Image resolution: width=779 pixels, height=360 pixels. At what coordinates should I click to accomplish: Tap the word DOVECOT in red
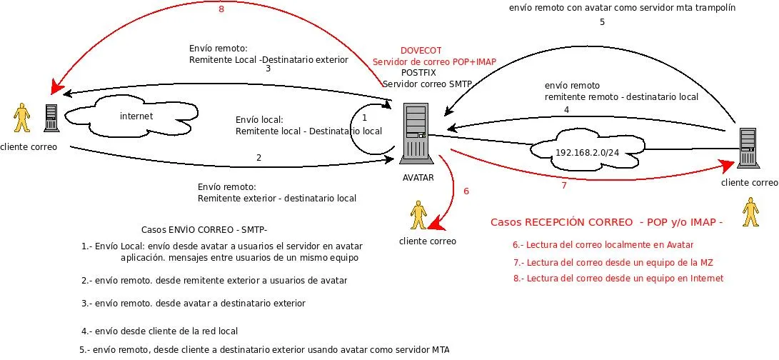(421, 51)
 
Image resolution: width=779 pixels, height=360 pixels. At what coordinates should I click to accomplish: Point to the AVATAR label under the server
(418, 177)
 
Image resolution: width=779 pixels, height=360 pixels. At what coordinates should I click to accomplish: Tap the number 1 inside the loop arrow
(364, 116)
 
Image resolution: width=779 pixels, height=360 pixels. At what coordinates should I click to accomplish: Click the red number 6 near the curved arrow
(466, 191)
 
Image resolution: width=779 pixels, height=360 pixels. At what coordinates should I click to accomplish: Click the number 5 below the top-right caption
(601, 22)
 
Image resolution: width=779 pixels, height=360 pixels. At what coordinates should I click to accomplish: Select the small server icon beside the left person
(51, 118)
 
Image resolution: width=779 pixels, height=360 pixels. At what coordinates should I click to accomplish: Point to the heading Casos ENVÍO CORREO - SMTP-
(204, 229)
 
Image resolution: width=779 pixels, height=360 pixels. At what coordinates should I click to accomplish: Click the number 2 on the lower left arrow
(258, 157)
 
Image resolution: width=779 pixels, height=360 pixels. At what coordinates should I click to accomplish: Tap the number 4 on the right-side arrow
(566, 109)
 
